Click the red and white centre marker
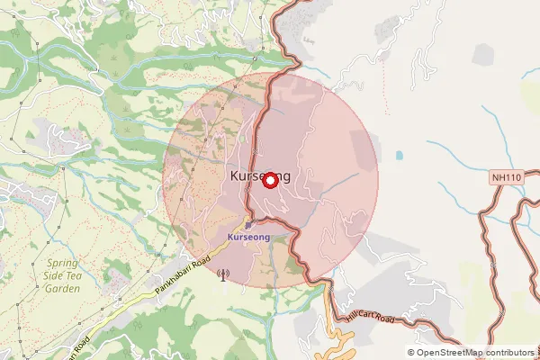(270, 180)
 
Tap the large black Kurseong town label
(260, 175)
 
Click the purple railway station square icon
(250, 223)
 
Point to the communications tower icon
(222, 274)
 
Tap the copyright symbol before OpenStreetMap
(411, 353)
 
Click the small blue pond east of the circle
(398, 155)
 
